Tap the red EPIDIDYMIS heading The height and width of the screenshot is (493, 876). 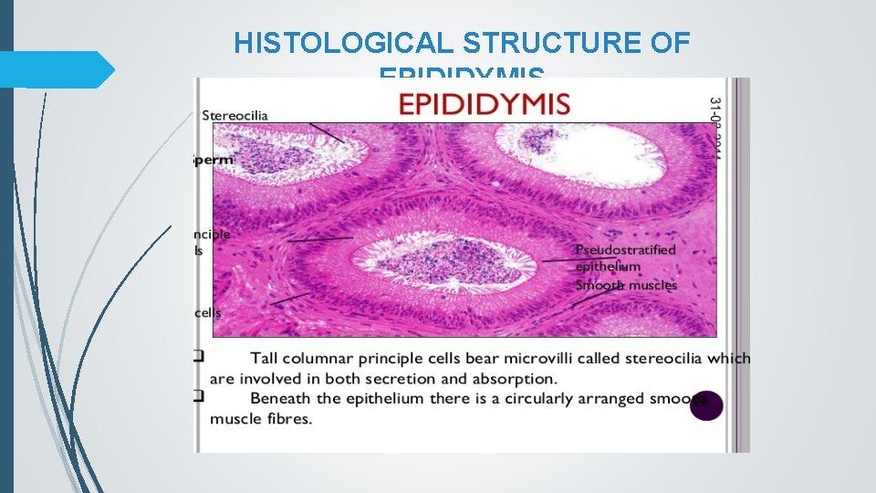[x=485, y=102]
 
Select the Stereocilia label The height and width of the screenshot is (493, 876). [x=235, y=115]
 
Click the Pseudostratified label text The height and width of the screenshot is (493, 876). [x=625, y=249]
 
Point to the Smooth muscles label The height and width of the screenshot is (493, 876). [x=626, y=285]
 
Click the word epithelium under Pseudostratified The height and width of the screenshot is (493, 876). [x=608, y=267]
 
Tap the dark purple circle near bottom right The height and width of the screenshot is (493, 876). [x=706, y=405]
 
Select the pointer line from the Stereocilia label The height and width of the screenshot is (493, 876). [x=327, y=132]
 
